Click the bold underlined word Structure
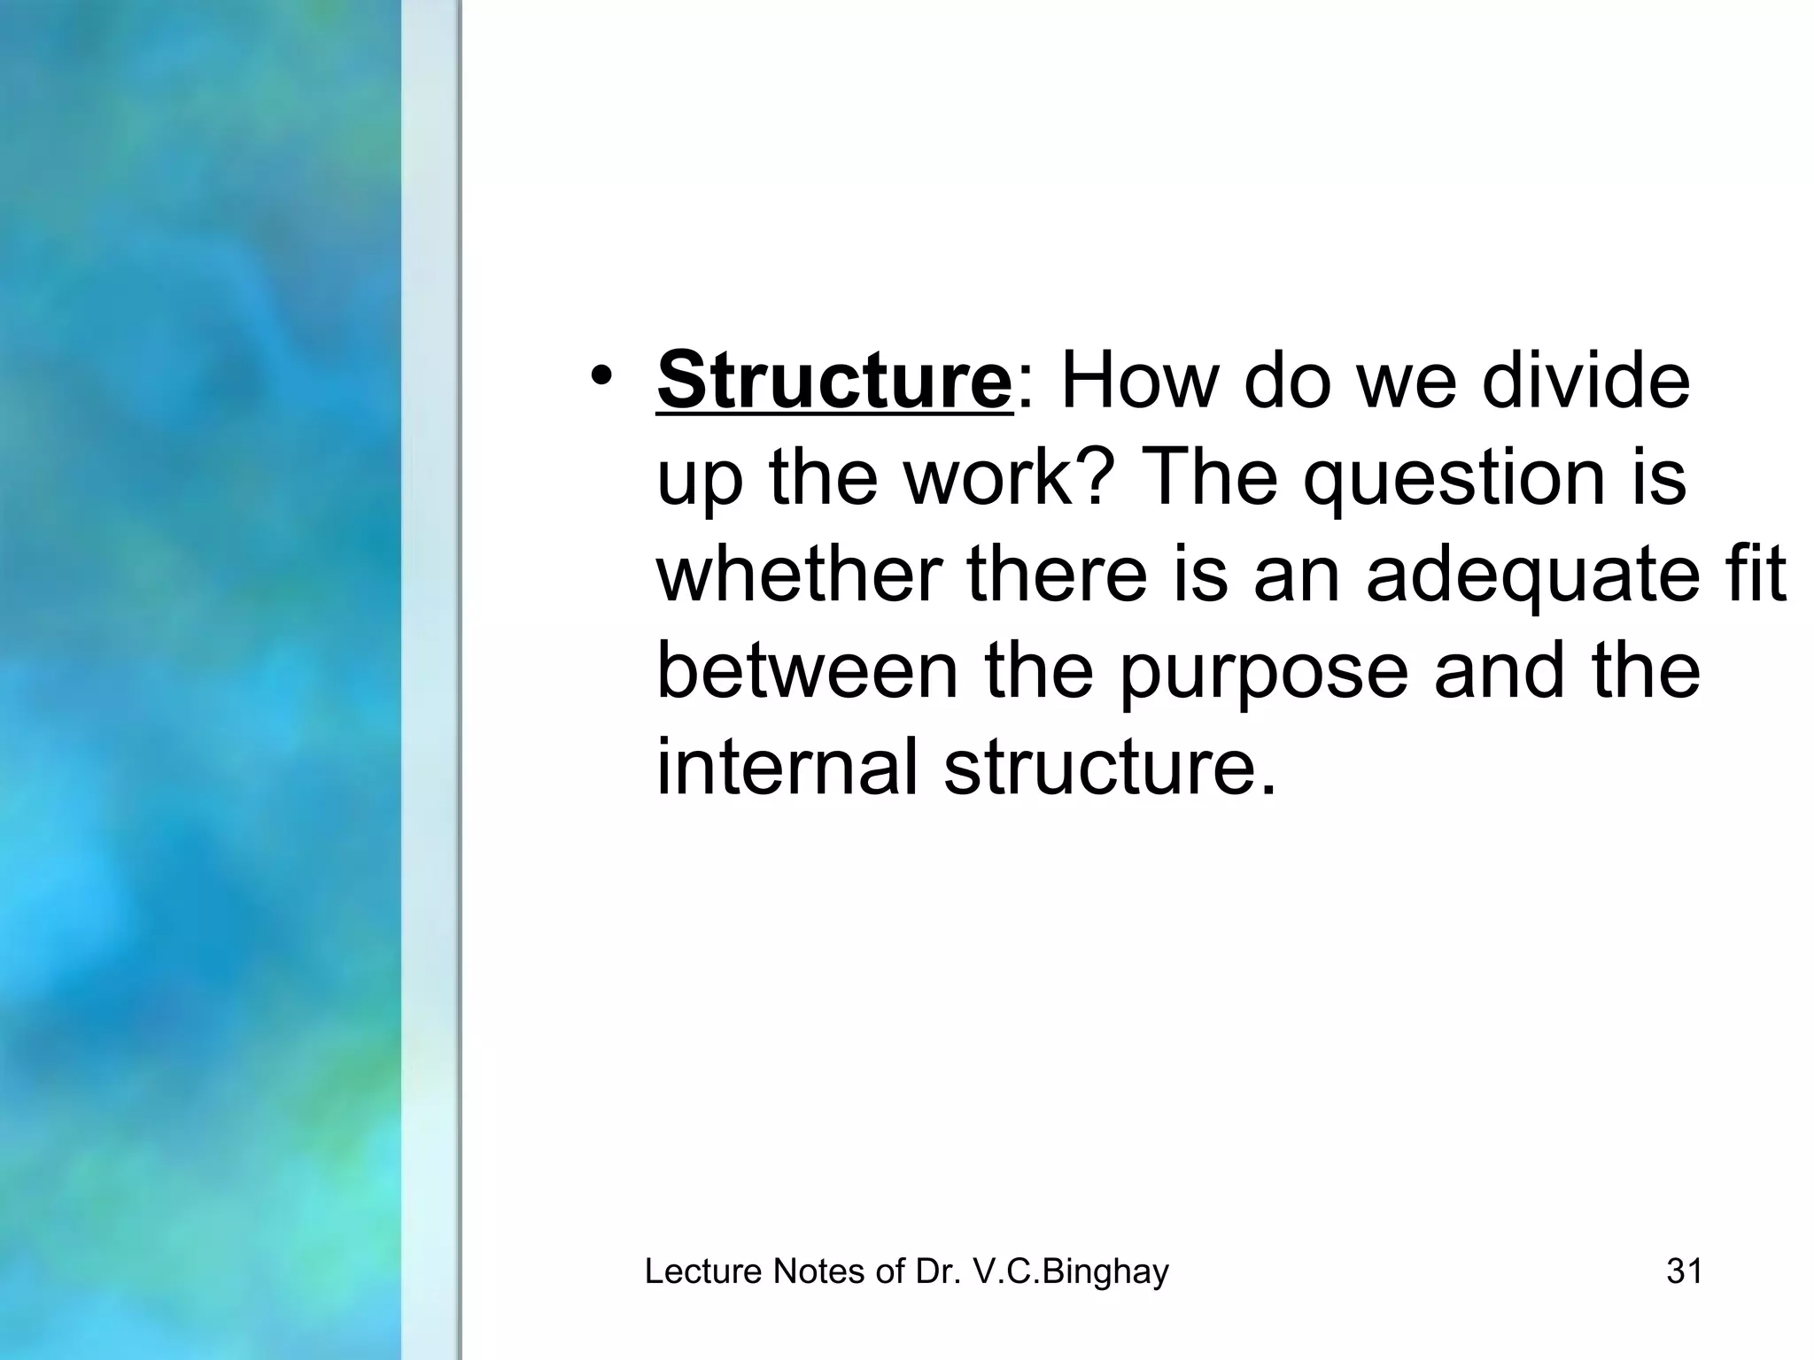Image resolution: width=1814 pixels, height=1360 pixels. coord(833,381)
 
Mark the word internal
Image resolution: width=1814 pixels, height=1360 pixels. coord(787,766)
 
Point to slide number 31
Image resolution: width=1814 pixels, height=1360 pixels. coord(1684,1271)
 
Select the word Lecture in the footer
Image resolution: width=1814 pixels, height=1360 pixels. coord(703,1271)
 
